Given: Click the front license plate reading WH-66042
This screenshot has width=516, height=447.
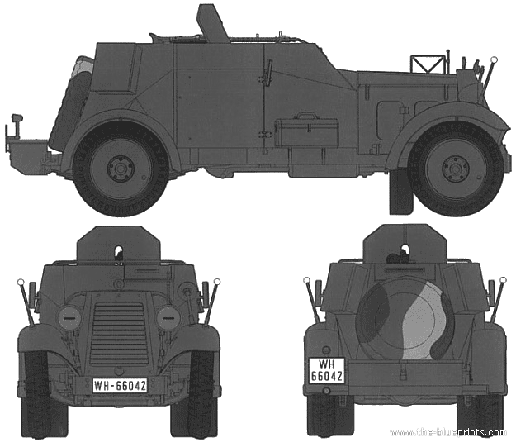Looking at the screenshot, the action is point(120,385).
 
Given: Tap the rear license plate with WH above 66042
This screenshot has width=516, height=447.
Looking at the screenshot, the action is point(327,371).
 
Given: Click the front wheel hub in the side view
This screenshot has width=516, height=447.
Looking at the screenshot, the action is point(456,168).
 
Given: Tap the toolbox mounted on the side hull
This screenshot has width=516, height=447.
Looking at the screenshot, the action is point(306,130).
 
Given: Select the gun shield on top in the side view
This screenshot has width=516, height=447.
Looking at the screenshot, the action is point(212,20).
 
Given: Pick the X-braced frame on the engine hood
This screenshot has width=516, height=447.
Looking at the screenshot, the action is point(427,64).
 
